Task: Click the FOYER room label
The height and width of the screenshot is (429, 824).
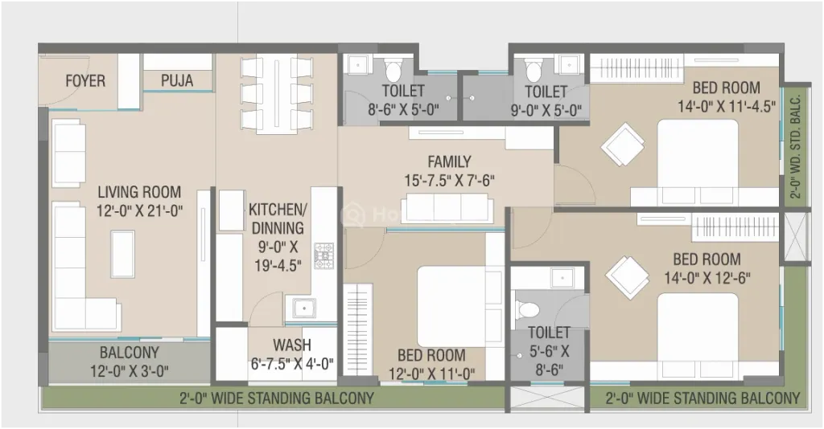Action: [x=85, y=81]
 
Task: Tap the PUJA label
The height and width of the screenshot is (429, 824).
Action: [x=177, y=81]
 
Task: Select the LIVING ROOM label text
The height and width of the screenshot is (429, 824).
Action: [x=139, y=192]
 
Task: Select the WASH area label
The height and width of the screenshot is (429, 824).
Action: [x=292, y=345]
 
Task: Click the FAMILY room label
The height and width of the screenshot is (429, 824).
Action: [x=449, y=161]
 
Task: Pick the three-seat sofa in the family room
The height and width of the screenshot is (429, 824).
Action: [x=447, y=208]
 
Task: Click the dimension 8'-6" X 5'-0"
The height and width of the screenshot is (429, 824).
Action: [x=403, y=110]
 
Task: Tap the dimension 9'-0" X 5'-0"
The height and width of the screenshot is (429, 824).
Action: [x=546, y=111]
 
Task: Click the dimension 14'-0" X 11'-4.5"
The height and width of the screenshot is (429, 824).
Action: [x=727, y=107]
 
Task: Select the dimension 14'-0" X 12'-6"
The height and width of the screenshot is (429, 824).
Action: [x=707, y=278]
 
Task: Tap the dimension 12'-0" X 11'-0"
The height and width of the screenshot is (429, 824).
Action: [x=432, y=374]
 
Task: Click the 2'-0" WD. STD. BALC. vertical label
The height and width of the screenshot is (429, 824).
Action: [x=797, y=145]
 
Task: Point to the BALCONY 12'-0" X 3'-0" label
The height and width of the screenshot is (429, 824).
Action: [x=130, y=362]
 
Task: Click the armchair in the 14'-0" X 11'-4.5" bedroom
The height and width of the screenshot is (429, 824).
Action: [x=623, y=145]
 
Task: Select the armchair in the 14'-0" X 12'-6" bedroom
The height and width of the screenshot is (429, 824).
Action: [x=627, y=277]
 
